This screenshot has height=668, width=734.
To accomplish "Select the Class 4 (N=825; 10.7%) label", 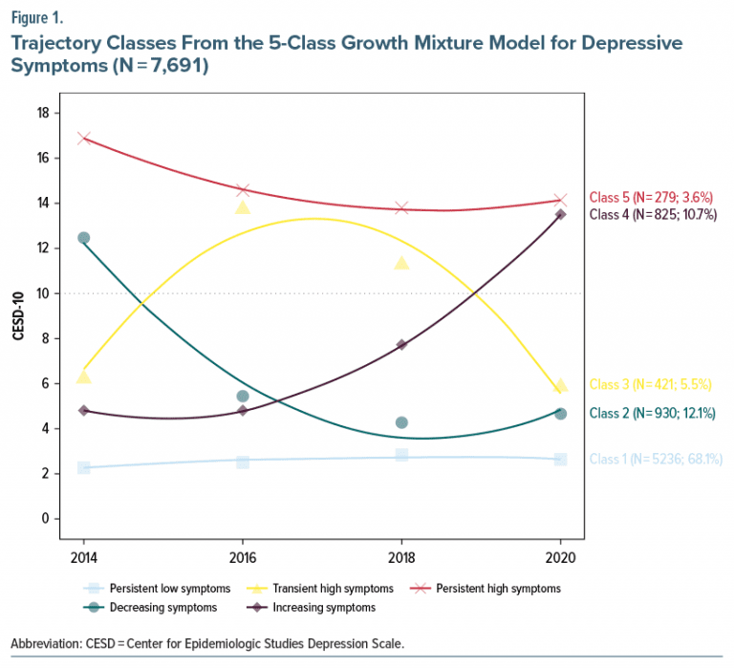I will [x=653, y=214].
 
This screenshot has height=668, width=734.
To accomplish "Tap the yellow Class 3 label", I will [x=651, y=384].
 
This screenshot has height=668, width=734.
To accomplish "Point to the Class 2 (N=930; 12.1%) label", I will [x=653, y=413].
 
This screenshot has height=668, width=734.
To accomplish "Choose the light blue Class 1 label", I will [x=656, y=459].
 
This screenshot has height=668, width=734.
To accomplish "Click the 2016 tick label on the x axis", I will [x=243, y=557].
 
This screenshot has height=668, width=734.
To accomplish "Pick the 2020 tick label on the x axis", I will [x=560, y=557].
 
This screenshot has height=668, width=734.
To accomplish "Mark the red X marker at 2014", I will [x=84, y=138].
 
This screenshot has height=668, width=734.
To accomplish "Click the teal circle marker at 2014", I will [x=84, y=237].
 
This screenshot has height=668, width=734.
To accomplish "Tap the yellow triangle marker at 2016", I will [x=243, y=207].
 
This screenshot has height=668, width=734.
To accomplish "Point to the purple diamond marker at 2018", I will [x=401, y=344].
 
